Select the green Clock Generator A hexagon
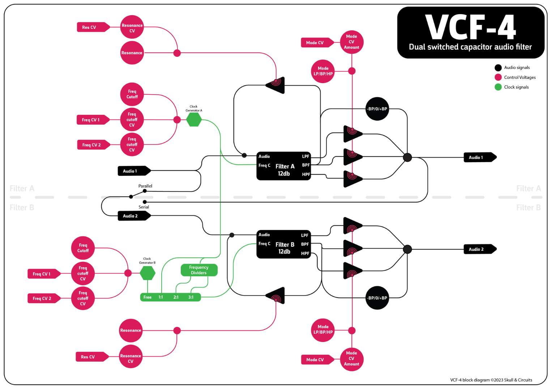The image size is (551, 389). (194, 120)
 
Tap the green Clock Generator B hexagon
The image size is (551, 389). (148, 273)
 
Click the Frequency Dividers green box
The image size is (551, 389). (199, 270)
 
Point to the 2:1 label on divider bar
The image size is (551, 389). (176, 297)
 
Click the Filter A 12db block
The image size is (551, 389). (284, 166)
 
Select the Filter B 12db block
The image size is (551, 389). (284, 244)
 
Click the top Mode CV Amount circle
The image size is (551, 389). (351, 42)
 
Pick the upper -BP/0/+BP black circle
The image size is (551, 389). (377, 109)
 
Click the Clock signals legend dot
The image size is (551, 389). (498, 87)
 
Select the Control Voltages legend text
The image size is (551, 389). (520, 77)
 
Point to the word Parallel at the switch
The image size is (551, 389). (145, 186)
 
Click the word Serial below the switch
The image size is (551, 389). (144, 207)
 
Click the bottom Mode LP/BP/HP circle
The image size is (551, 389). (323, 329)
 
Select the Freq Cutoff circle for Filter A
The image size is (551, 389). (132, 94)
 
